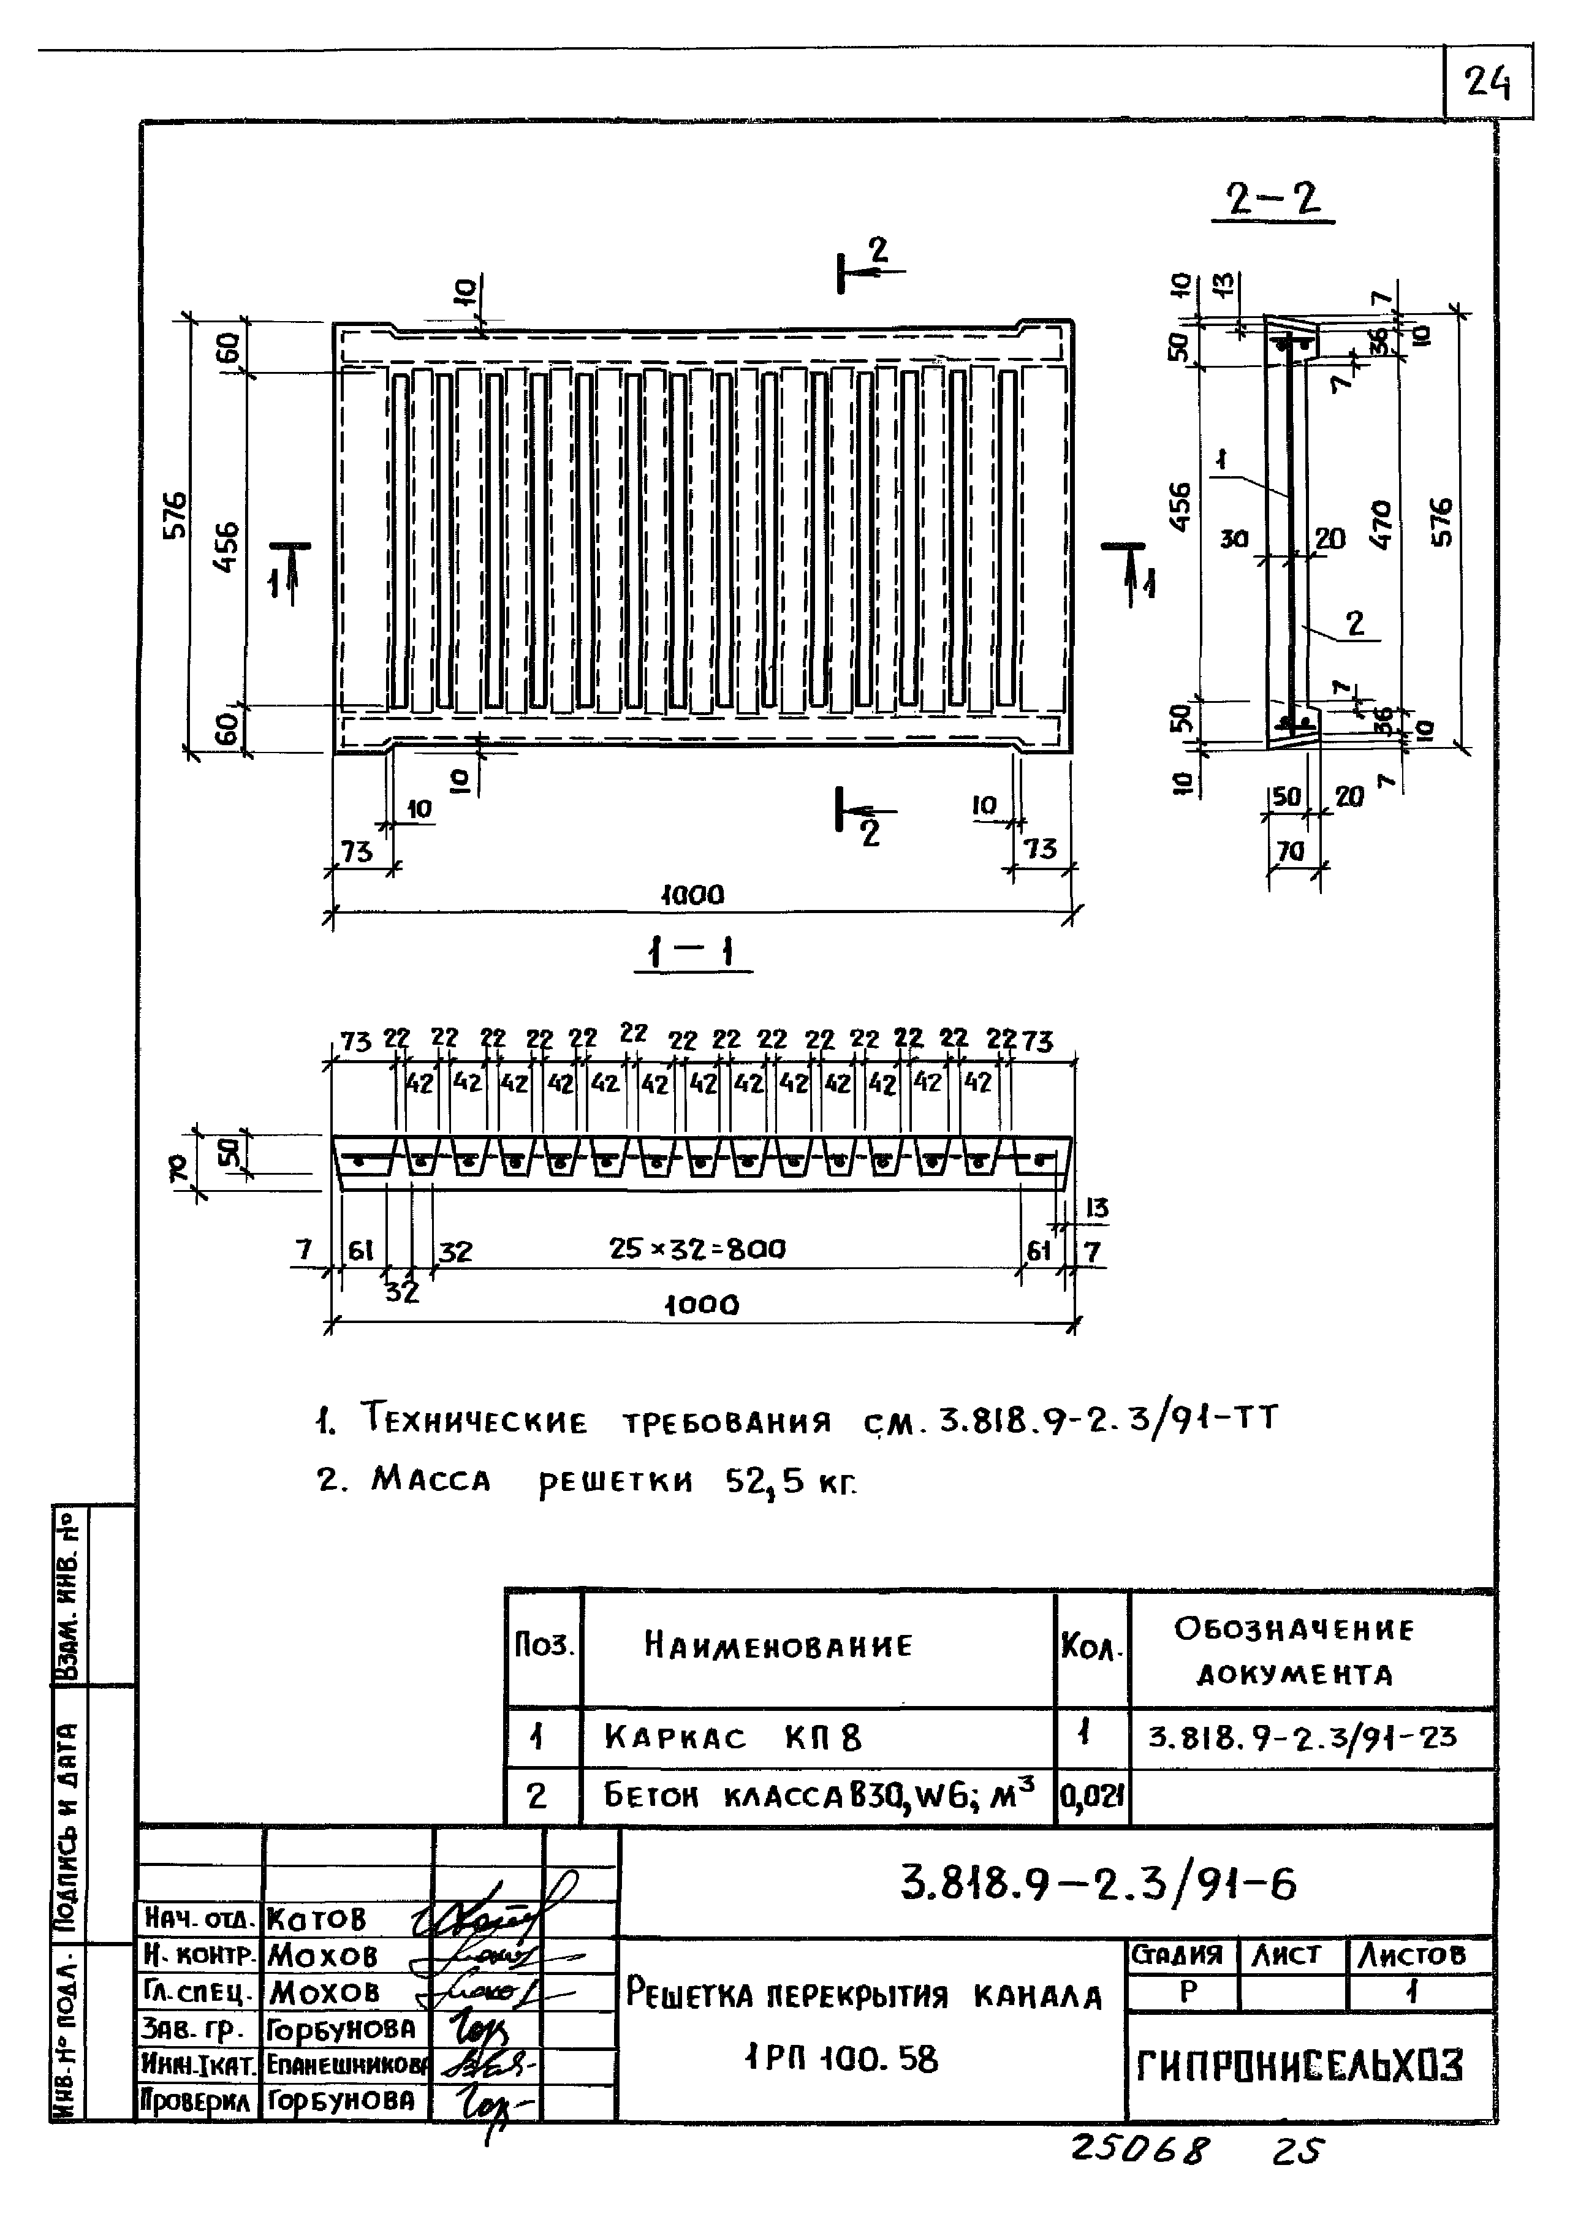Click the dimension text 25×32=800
click(x=697, y=1248)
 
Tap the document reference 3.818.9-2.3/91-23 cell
click(x=1302, y=1735)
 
